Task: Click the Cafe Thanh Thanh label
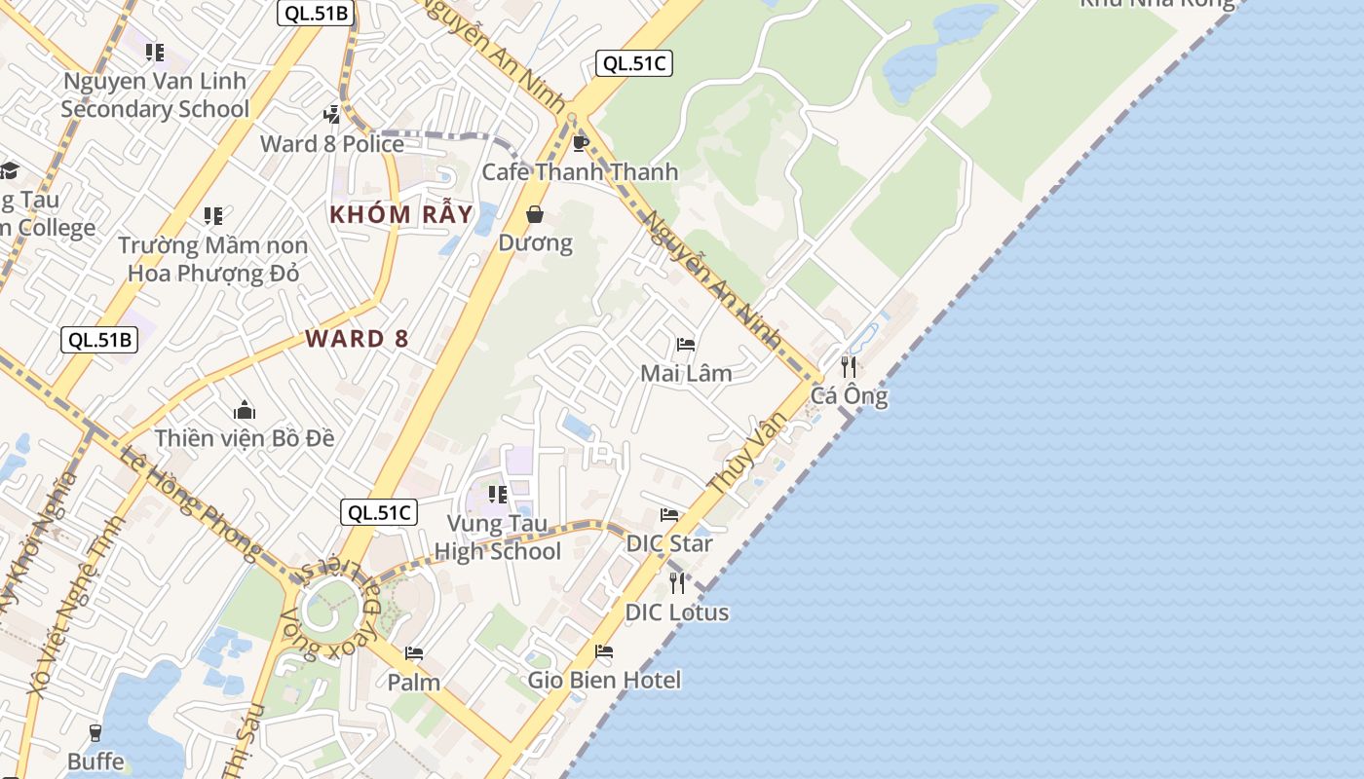point(580,172)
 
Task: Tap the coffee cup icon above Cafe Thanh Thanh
point(581,144)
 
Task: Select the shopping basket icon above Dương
point(535,214)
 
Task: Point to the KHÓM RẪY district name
point(400,214)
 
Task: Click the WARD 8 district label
point(357,339)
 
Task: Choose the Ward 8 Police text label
point(332,144)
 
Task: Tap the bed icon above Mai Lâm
point(686,345)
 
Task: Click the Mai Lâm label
point(686,373)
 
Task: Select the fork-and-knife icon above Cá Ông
point(849,367)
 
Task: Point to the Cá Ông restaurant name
point(849,396)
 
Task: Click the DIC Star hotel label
point(669,543)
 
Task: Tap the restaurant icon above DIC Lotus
point(677,583)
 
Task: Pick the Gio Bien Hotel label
point(604,680)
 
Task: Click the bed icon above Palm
point(414,653)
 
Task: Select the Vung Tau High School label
point(498,538)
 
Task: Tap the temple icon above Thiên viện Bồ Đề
point(245,410)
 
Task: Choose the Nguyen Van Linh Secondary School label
point(155,94)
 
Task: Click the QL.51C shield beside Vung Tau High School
point(379,512)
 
